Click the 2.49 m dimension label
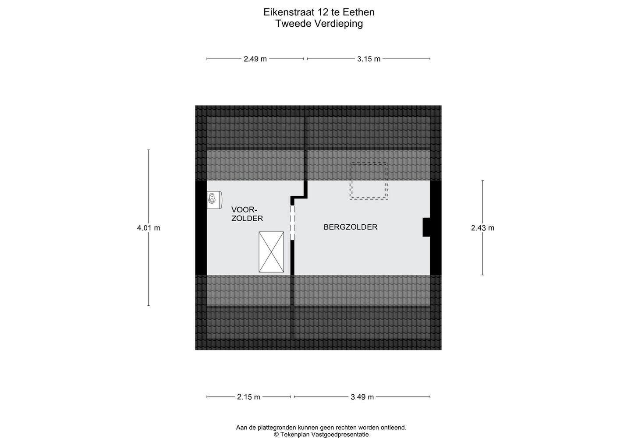255,59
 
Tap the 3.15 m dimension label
369,59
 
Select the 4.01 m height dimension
149,228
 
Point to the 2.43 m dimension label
482,228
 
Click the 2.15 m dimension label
248,397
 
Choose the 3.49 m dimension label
362,397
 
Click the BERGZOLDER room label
351,227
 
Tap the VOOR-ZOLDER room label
247,214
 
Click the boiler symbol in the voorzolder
214,200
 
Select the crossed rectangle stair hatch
271,252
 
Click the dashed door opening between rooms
292,223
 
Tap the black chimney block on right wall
426,227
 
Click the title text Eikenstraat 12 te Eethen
319,12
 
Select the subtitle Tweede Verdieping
319,24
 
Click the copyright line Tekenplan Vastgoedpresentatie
321,435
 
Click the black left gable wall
201,227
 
